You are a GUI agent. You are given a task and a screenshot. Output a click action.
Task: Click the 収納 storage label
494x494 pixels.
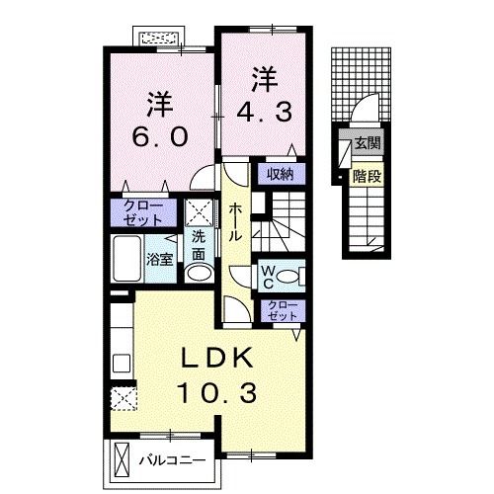[x=280, y=175]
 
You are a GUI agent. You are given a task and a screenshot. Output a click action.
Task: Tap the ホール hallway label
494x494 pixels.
[x=236, y=222]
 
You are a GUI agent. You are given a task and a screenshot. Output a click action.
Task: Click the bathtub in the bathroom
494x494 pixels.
[x=126, y=259]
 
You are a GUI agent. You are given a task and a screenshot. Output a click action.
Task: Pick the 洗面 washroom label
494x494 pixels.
[x=199, y=243]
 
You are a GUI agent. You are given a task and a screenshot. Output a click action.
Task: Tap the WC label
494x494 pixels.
[x=269, y=275]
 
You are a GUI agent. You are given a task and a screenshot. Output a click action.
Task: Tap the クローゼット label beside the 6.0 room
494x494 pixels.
[x=141, y=212]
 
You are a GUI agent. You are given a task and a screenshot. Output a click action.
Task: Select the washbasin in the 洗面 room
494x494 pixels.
[x=199, y=274]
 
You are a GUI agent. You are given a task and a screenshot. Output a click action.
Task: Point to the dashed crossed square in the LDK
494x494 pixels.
[x=123, y=397]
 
